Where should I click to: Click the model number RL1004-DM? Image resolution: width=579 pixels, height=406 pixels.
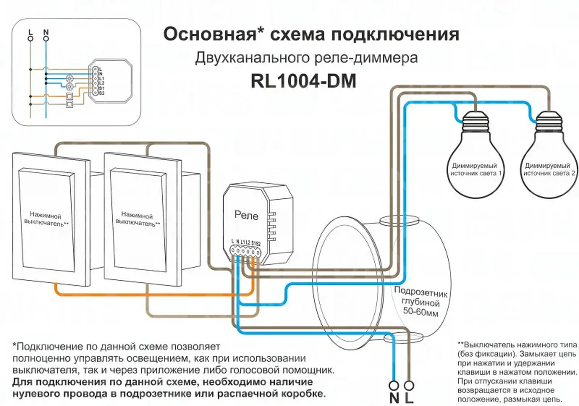click(303, 81)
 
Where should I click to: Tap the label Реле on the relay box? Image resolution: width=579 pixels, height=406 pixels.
click(246, 215)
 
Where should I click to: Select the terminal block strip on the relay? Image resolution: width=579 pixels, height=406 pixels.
click(245, 251)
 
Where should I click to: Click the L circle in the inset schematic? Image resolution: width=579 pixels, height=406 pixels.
click(31, 39)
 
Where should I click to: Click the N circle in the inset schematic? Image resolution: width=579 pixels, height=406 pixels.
click(46, 39)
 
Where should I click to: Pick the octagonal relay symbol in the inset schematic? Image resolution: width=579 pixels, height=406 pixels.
click(110, 81)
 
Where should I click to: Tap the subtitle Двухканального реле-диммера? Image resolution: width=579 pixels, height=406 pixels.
click(306, 58)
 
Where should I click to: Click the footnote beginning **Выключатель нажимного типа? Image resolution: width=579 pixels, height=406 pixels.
click(517, 372)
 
